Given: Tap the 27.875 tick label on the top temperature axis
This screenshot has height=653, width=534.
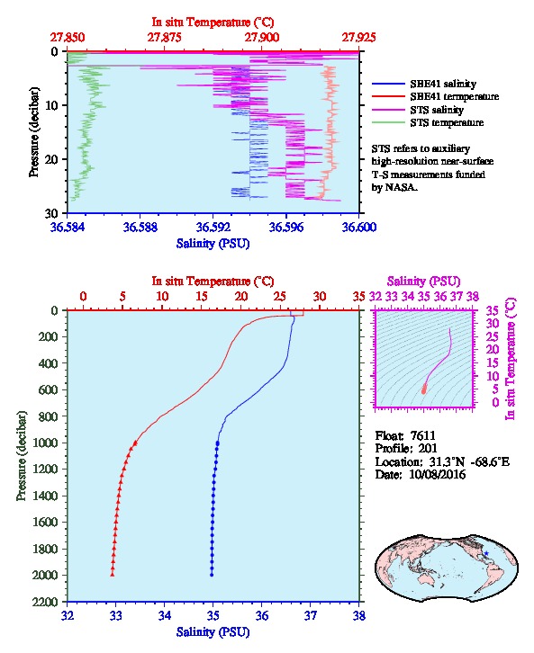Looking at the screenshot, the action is [164, 37].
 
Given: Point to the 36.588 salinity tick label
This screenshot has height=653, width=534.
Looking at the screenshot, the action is [140, 227].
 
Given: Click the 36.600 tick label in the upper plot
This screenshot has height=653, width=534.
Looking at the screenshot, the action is [359, 227].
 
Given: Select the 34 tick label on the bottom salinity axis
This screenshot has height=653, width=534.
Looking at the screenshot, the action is [164, 615].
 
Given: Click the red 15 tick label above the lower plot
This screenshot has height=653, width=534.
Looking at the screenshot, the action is [202, 297].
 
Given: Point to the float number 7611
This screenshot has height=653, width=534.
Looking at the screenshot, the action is [422, 436].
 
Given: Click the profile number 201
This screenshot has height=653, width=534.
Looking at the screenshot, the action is [428, 449].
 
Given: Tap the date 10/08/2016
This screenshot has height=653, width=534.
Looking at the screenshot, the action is [438, 474].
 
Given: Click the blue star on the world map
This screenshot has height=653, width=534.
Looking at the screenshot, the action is [486, 553].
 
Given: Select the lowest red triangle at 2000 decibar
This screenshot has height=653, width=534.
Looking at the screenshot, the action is [113, 575].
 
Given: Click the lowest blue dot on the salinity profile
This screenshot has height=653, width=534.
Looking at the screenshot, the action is [212, 575].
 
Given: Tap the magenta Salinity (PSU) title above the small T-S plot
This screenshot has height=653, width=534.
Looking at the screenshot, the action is [424, 282].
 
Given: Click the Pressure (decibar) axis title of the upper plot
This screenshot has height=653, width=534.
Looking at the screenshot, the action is [34, 132].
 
